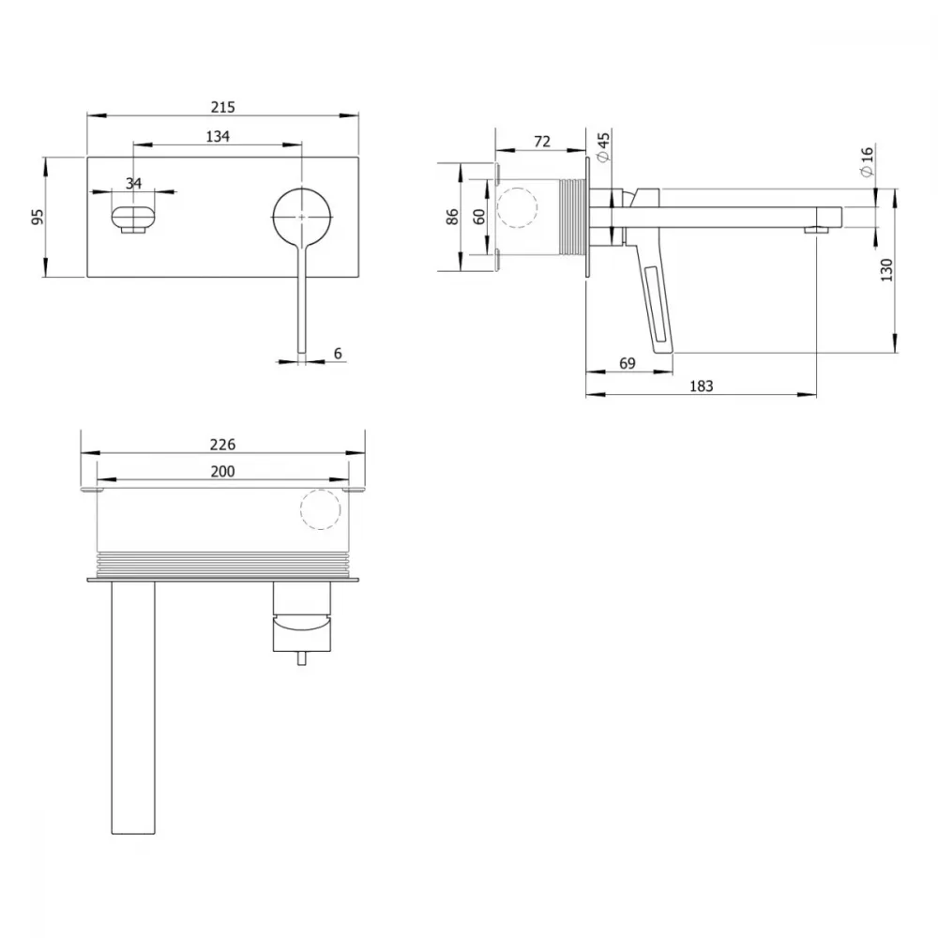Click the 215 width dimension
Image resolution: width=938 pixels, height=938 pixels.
222,107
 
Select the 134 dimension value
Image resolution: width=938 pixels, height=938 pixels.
218,136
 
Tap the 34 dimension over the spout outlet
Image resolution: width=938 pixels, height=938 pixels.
133,183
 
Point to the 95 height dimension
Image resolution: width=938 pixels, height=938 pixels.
38,216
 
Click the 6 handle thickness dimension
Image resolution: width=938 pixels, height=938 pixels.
338,354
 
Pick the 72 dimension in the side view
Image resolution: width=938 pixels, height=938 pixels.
542,142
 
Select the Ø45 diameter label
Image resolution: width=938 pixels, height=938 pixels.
603,147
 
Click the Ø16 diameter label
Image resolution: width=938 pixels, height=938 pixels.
867,161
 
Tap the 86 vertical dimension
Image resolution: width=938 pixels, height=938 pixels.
453,217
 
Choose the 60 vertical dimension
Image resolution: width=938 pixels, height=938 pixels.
479,217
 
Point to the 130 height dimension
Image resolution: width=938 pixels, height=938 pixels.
886,270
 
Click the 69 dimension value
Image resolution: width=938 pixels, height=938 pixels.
627,363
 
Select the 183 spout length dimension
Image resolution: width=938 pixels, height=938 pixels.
701,386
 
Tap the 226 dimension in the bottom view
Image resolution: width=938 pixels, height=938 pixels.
222,445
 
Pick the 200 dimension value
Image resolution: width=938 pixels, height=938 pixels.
222,472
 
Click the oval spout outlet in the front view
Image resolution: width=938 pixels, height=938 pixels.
133,217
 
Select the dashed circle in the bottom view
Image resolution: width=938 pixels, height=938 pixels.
321,490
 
